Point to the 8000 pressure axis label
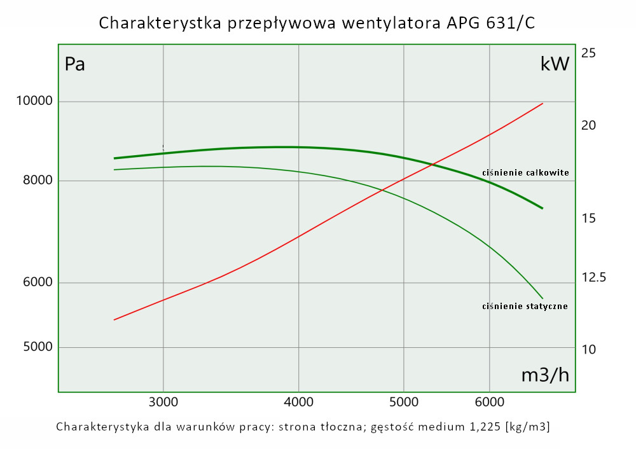pyautogui.click(x=39, y=181)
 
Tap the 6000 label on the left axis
pyautogui.click(x=39, y=283)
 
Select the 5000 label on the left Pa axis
pyautogui.click(x=39, y=347)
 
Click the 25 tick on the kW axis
pyautogui.click(x=588, y=53)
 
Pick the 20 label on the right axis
pyautogui.click(x=588, y=125)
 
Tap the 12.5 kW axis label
pyautogui.click(x=593, y=277)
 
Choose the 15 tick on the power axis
pyautogui.click(x=588, y=218)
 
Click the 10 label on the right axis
pyautogui.click(x=588, y=349)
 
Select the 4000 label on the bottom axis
pyautogui.click(x=299, y=402)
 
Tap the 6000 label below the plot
pyautogui.click(x=489, y=402)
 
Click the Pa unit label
pyautogui.click(x=75, y=64)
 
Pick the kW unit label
pyautogui.click(x=554, y=64)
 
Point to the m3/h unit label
pyautogui.click(x=545, y=375)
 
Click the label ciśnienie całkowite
pyautogui.click(x=525, y=172)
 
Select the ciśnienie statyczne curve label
pyautogui.click(x=525, y=306)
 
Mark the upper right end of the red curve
pyautogui.click(x=543, y=103)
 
